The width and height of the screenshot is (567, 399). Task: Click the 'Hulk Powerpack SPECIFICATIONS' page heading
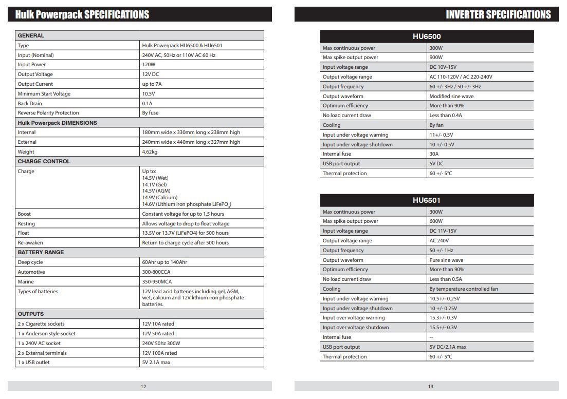coord(82,14)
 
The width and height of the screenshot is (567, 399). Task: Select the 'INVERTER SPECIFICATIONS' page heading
coord(498,14)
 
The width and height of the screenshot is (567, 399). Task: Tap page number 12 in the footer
coord(143,387)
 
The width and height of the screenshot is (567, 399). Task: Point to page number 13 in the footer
coord(430,387)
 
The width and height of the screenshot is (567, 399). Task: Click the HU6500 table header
coord(427,36)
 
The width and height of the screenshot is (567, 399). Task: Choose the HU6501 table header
coord(427,200)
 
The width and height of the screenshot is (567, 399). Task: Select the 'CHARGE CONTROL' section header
coord(44,161)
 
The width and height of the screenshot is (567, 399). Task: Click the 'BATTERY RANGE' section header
coord(41,252)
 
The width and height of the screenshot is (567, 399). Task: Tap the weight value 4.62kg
coord(150,152)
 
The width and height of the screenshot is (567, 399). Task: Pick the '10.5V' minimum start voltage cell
coord(149,94)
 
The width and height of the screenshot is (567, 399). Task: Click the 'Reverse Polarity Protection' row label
coord(48,113)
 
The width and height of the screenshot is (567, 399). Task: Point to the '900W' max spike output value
coord(436,58)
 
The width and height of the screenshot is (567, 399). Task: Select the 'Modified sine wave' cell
coord(451,97)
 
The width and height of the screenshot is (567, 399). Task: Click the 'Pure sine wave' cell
coord(446,260)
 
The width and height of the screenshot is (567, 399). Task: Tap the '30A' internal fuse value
coord(434,154)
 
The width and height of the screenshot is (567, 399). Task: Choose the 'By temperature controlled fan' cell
coord(464,289)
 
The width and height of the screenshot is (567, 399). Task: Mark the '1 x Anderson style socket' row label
coord(47,334)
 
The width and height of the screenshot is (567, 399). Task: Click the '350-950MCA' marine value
coord(157,282)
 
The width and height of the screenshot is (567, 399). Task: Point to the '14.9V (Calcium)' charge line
coord(160,198)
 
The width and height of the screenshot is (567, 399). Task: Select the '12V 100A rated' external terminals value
coord(159,353)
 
